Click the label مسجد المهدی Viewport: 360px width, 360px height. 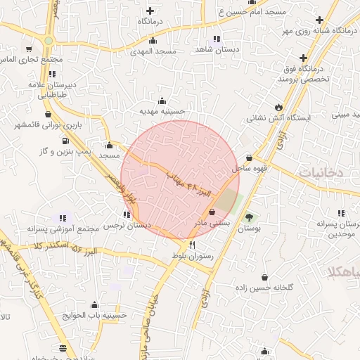click(x=157, y=53)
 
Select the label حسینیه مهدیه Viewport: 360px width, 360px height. click(x=162, y=111)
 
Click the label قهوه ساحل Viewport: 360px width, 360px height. click(x=249, y=169)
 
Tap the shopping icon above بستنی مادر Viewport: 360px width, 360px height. click(x=212, y=212)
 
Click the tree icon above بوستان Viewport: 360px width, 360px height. click(x=247, y=217)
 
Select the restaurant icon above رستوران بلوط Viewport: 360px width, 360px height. click(x=173, y=245)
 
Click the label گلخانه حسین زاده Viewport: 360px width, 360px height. click(x=264, y=288)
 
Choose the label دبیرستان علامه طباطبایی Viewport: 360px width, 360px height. click(x=49, y=89)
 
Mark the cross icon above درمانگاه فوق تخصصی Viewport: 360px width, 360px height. click(x=303, y=58)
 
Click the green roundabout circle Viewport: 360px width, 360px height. click(x=48, y=40)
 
